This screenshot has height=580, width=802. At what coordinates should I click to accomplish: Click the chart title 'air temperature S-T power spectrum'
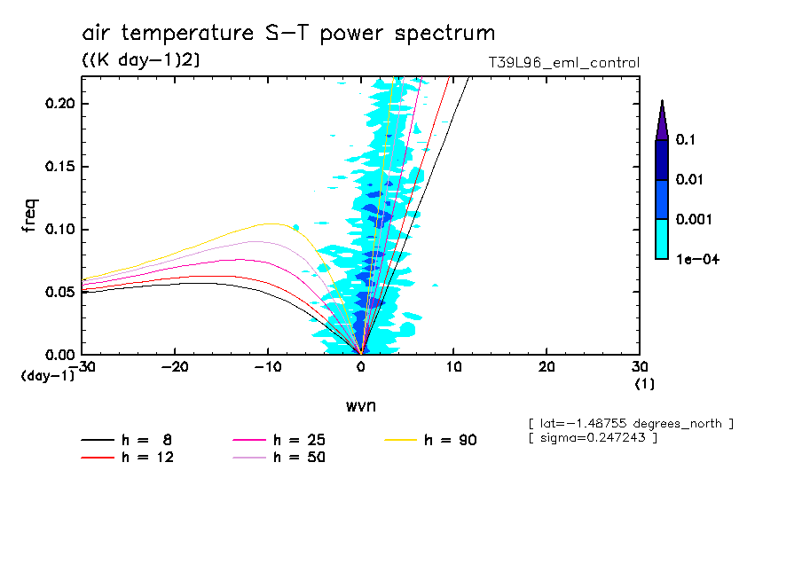point(288,34)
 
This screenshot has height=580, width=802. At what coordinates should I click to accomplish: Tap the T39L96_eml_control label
point(563,63)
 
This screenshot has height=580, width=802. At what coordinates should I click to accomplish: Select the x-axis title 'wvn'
point(360,405)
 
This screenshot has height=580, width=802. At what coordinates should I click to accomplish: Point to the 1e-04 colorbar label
point(692,260)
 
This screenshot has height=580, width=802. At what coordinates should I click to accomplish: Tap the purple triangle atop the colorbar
point(662,121)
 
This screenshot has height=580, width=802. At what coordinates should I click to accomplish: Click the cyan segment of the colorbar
point(662,239)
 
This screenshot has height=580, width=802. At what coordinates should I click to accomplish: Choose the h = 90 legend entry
point(432,440)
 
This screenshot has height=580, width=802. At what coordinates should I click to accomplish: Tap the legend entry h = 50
point(279,458)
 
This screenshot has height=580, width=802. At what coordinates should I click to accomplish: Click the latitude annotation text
point(630,423)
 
